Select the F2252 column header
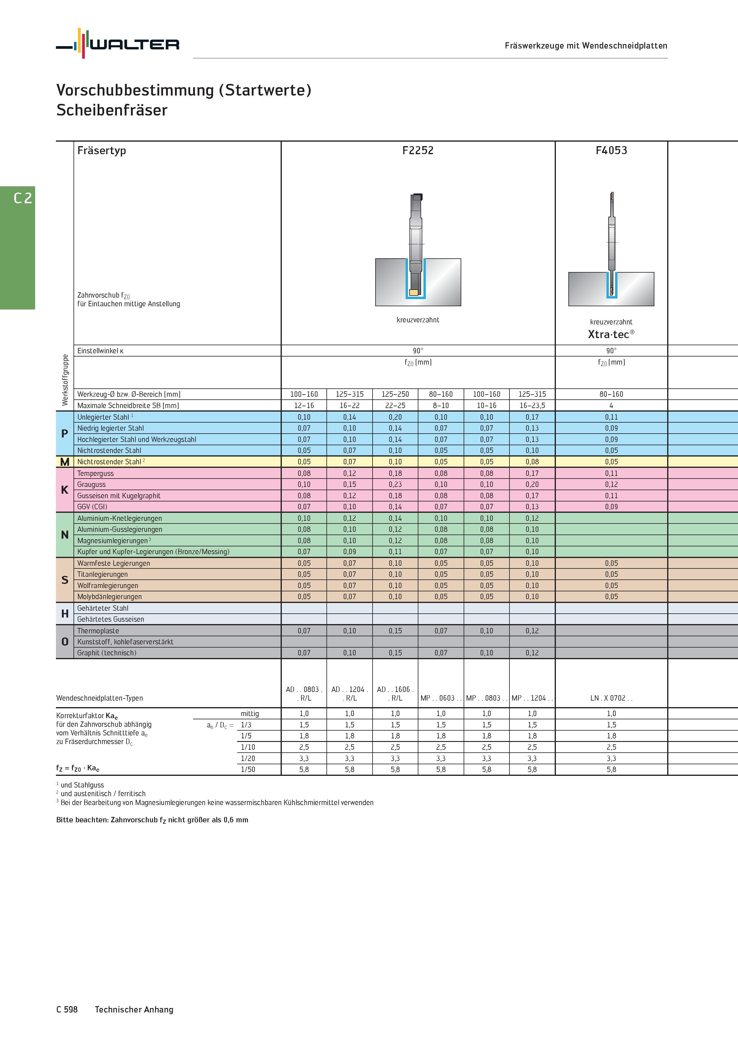coord(418,151)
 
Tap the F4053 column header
coord(611,151)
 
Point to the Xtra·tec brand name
coord(611,334)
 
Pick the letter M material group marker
coord(65,462)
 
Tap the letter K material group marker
coord(65,490)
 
